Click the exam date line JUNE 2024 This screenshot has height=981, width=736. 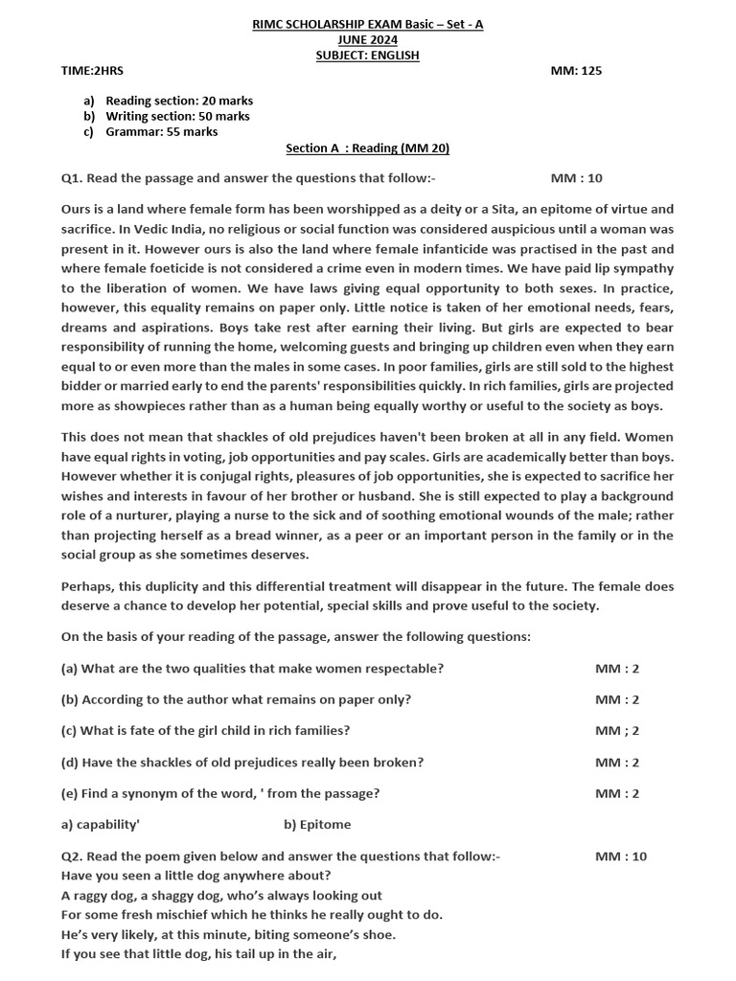[367, 40]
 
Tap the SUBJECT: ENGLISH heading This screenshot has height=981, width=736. [367, 56]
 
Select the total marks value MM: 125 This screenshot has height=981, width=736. [576, 71]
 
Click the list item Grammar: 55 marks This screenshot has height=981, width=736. [161, 132]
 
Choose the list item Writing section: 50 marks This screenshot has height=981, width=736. [177, 116]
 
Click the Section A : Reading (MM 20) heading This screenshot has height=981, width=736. [367, 148]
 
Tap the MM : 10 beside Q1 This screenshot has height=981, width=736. [576, 178]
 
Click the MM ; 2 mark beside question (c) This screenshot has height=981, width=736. [616, 731]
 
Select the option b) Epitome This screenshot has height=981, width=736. [317, 825]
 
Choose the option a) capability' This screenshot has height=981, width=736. [101, 825]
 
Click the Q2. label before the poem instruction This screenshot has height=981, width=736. [73, 856]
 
